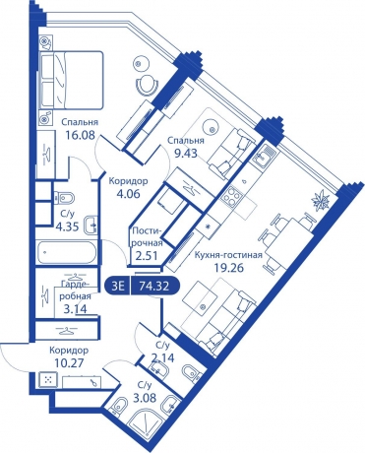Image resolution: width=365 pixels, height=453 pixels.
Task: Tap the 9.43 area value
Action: [x=184, y=153]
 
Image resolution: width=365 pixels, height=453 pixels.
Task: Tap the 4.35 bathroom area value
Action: [x=68, y=226]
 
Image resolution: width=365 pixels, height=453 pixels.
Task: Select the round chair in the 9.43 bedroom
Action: [x=148, y=84]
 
